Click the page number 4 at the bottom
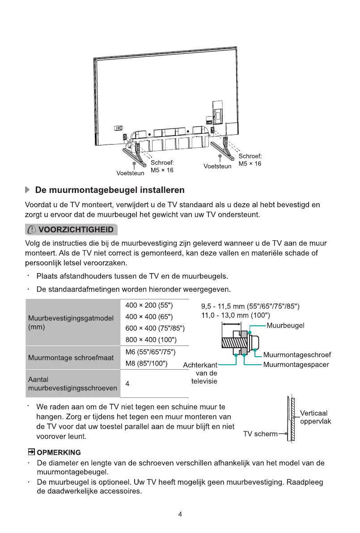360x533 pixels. [180, 514]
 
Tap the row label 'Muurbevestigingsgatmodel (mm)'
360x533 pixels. [70, 322]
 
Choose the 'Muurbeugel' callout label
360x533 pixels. [285, 325]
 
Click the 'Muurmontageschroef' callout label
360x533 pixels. [303, 355]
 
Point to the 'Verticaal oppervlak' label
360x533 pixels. [315, 417]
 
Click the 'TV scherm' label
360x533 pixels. [260, 434]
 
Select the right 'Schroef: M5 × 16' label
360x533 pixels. [250, 160]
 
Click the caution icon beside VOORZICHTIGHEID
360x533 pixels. [33, 230]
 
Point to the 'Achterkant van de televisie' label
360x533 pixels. [200, 373]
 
